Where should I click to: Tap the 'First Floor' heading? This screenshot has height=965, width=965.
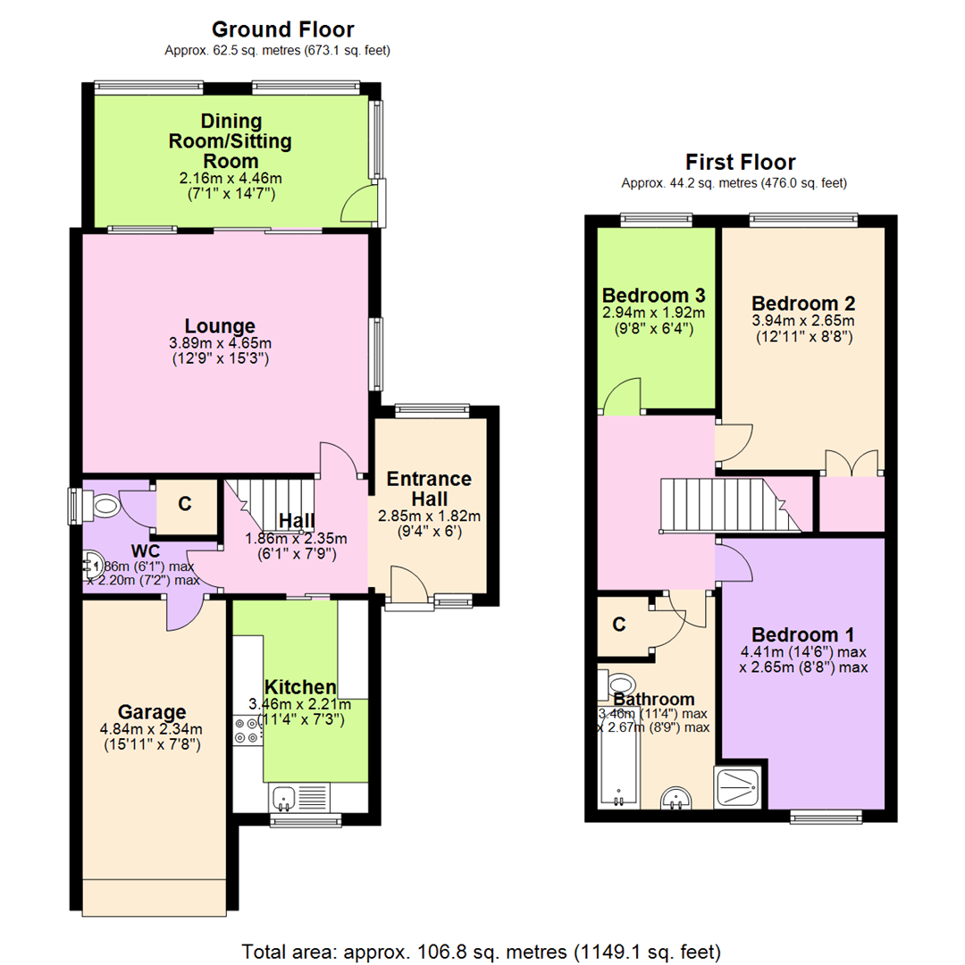click(x=740, y=162)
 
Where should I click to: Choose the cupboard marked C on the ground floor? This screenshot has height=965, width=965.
click(x=185, y=504)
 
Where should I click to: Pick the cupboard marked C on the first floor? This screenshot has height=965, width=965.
click(x=619, y=625)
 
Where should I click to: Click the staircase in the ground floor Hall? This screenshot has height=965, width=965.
click(x=271, y=502)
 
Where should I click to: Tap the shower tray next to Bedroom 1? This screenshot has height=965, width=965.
click(x=739, y=786)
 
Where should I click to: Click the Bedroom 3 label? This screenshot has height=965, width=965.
click(x=654, y=295)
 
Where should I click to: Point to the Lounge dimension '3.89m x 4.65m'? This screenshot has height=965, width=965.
click(x=220, y=343)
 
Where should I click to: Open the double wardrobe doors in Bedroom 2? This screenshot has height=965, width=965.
click(x=852, y=463)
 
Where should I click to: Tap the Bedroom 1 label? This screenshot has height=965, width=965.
click(x=802, y=634)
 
